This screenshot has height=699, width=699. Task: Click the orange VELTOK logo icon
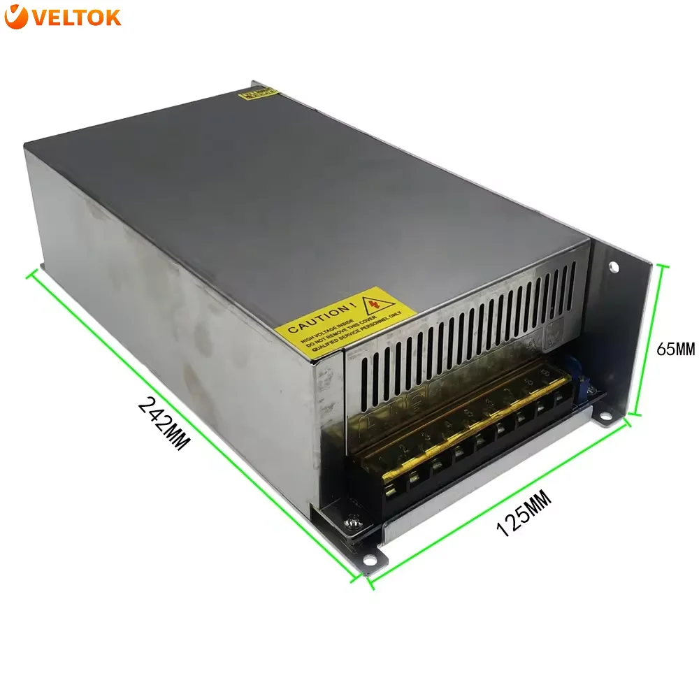(16, 17)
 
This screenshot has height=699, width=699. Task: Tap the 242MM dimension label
(164, 423)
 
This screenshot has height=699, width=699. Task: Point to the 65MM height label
(675, 347)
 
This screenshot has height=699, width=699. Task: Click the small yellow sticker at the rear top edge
(258, 92)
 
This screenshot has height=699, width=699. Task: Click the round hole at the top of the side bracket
(614, 266)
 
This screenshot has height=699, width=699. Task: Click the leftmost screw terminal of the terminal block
(392, 484)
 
